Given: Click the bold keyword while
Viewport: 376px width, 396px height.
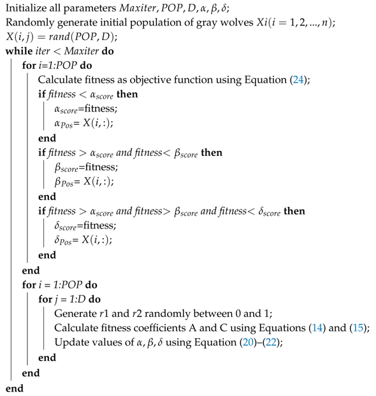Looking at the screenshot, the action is click(x=18, y=51).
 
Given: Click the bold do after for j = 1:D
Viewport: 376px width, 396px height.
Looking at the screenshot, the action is click(x=91, y=299).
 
